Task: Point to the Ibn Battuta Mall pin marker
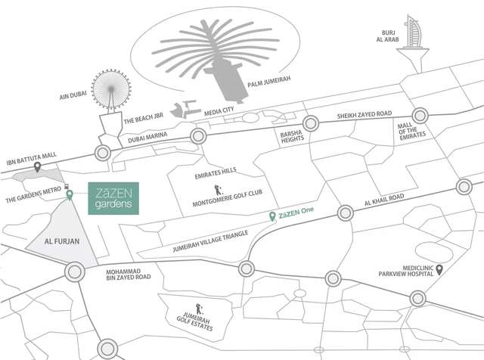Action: pos(37,166)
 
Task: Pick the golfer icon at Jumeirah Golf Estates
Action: pos(200,309)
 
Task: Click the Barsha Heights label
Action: pos(290,137)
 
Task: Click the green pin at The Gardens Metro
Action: pos(70,195)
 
